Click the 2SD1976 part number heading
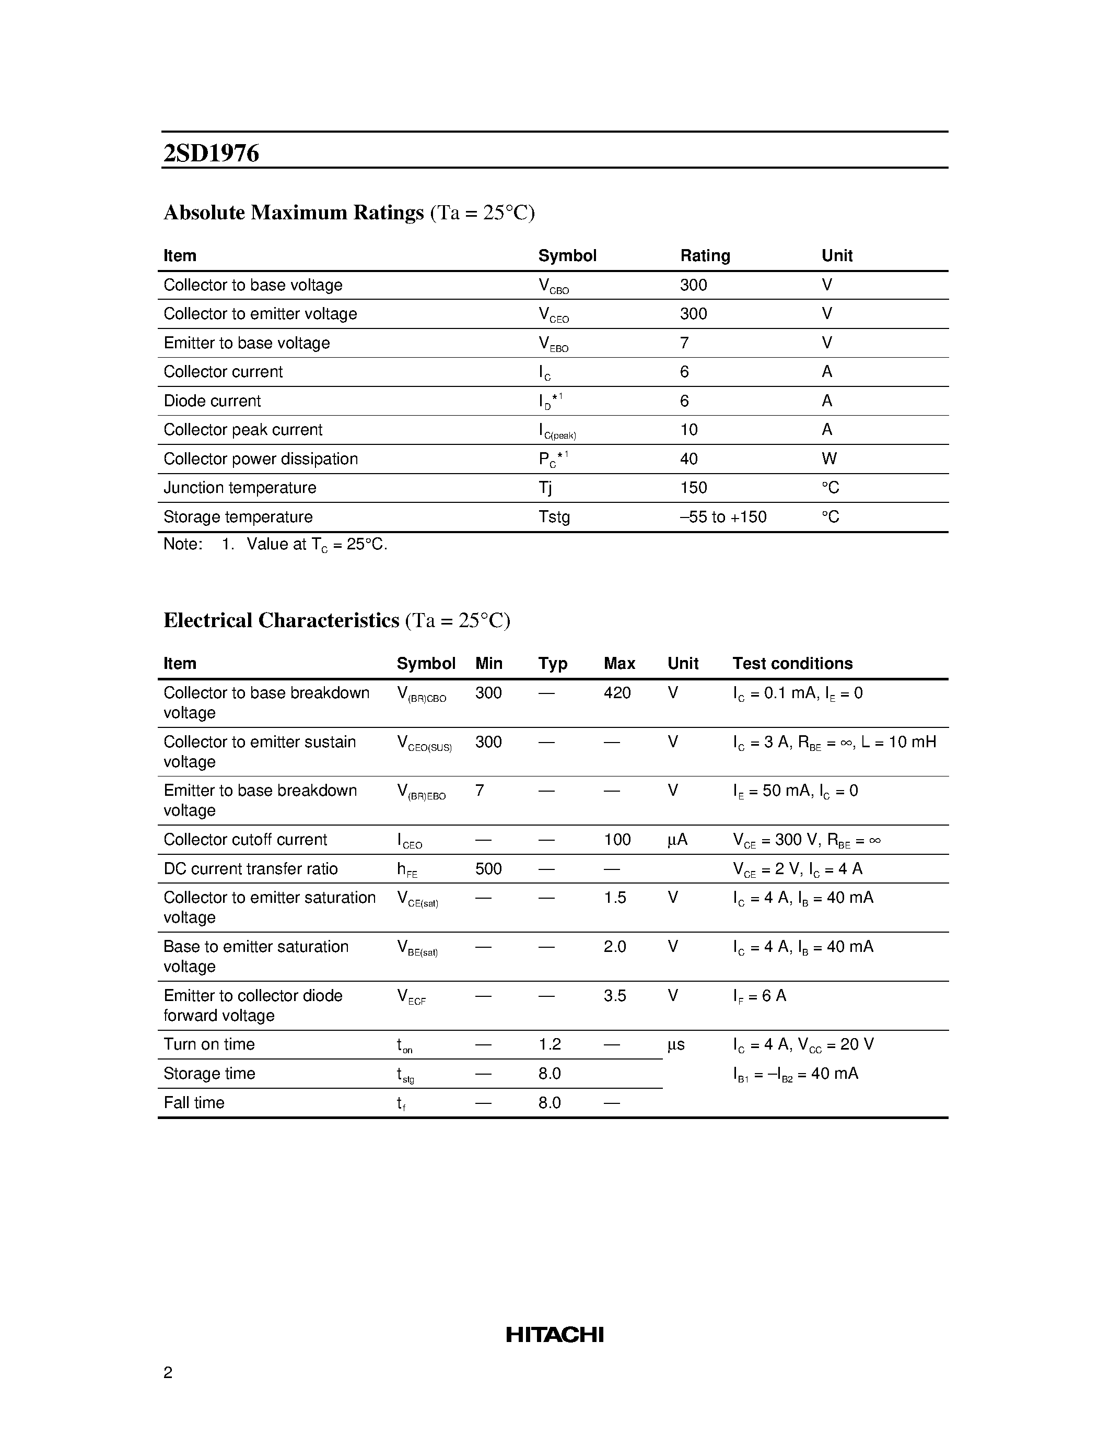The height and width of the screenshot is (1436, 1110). pyautogui.click(x=211, y=153)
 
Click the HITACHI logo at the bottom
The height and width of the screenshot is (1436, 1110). pyautogui.click(x=554, y=1334)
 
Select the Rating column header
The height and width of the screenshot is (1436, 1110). pyautogui.click(x=705, y=256)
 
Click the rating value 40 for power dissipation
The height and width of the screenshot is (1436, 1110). pyautogui.click(x=688, y=459)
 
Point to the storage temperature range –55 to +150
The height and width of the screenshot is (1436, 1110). pyautogui.click(x=723, y=517)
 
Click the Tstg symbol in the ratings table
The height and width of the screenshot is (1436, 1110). pyautogui.click(x=554, y=517)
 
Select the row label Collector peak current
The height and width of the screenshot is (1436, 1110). pyautogui.click(x=243, y=430)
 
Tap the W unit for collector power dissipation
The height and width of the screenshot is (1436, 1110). pyautogui.click(x=828, y=459)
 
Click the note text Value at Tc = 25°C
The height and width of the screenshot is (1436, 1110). pyautogui.click(x=317, y=545)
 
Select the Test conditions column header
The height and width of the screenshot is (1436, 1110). pyautogui.click(x=792, y=663)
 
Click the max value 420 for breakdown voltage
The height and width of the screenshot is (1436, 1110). pyautogui.click(x=617, y=693)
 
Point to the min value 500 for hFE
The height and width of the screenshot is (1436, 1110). pyautogui.click(x=488, y=869)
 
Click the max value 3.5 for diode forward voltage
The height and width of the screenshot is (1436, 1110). pyautogui.click(x=615, y=996)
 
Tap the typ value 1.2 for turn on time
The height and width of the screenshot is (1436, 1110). pyautogui.click(x=549, y=1045)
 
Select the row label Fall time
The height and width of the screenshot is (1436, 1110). pyautogui.click(x=194, y=1103)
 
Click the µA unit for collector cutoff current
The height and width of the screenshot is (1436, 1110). pyautogui.click(x=677, y=840)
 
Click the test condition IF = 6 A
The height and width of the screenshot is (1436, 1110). pyautogui.click(x=760, y=996)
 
